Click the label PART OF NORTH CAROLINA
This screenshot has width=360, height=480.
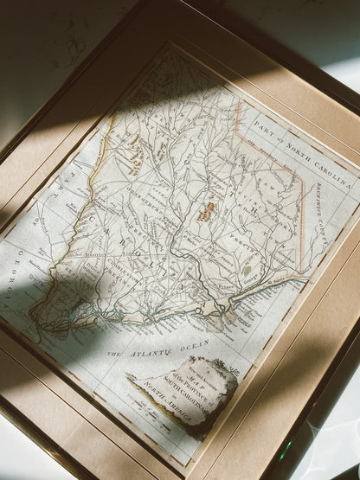[x=293, y=138]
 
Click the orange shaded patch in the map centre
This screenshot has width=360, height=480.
[x=208, y=211]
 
